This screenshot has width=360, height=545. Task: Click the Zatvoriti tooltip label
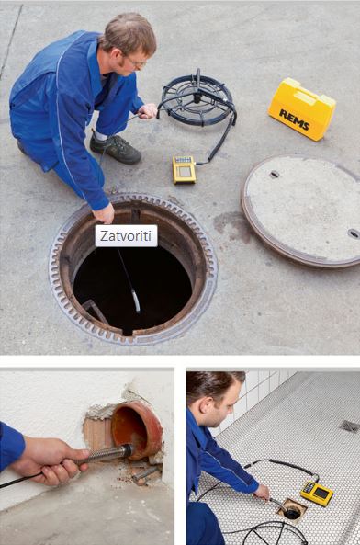[126, 236]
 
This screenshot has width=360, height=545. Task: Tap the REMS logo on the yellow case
[295, 119]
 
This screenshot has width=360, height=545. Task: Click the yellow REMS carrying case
[301, 109]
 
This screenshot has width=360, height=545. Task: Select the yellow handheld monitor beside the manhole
[184, 169]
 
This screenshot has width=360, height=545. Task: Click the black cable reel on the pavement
[197, 99]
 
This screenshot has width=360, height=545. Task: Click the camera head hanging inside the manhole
[135, 301]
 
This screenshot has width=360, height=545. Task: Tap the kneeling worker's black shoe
[116, 148]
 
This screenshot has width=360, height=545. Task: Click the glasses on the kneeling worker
[137, 62]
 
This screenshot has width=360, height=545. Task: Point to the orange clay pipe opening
[136, 429]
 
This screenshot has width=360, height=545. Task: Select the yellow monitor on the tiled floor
[317, 493]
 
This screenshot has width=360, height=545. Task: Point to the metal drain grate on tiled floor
[350, 426]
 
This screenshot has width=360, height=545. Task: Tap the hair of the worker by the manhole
[129, 33]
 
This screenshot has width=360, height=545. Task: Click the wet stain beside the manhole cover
[230, 226]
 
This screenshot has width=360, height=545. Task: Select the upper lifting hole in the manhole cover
[275, 174]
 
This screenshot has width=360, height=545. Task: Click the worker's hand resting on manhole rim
[104, 212]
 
